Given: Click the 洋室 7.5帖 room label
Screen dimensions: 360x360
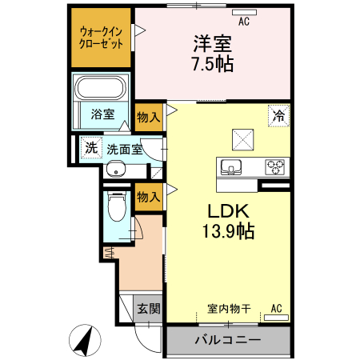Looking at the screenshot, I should pos(212,54).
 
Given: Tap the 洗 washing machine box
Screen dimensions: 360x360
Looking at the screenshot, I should pos(90,147).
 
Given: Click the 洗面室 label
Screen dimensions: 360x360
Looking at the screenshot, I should pos(125,148).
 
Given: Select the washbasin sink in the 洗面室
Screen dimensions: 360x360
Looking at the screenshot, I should pos(117,170).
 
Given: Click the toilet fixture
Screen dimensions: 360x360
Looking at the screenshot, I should pos(117,208).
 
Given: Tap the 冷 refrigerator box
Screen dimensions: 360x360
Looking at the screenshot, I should pos(278,116).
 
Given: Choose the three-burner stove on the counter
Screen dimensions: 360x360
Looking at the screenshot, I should pos(276,167).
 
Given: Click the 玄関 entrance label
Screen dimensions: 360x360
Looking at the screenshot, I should pos(147,308).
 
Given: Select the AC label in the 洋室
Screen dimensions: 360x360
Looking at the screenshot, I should pos(243,22).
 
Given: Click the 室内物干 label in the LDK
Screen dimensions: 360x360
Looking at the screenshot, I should pos(230,308).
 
